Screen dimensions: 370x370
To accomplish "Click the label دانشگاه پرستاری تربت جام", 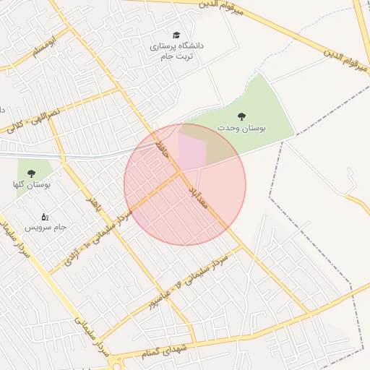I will [177, 51].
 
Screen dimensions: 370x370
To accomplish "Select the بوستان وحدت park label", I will [242, 128].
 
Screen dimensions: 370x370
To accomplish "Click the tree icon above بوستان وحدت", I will [241, 116].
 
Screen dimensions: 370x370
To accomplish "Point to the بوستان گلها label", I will [31, 185].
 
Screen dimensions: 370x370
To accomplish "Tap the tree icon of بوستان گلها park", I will [31, 173].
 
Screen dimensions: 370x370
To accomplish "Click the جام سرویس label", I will [46, 227].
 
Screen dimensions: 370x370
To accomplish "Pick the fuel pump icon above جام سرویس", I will [44, 216].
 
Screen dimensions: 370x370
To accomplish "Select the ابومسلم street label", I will [43, 51].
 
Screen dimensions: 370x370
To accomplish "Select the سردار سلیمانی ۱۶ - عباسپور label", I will [189, 283].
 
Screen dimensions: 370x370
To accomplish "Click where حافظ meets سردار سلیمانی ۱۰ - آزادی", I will [180, 173].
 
